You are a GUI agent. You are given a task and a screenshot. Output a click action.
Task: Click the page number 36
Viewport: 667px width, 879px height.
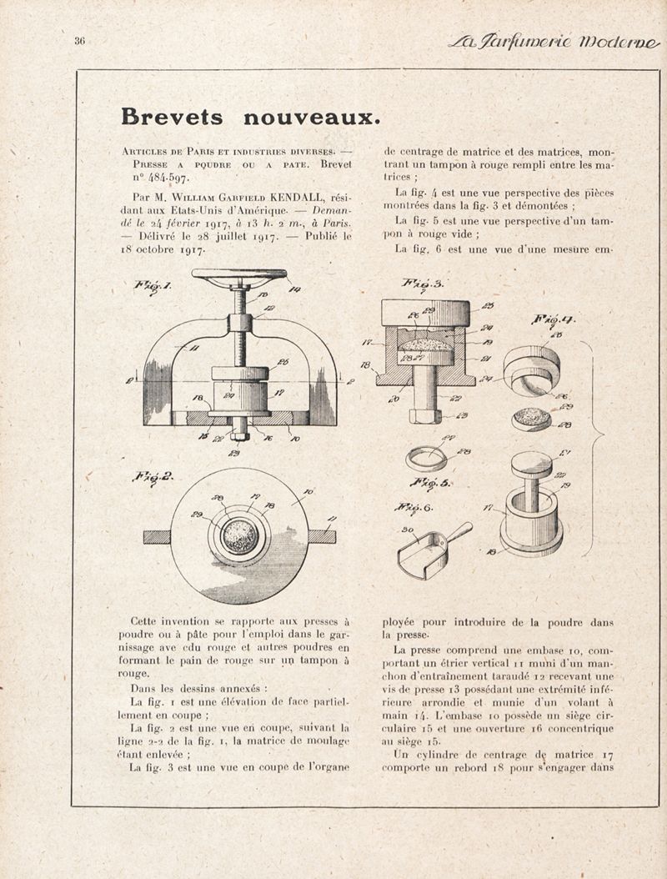[80, 41]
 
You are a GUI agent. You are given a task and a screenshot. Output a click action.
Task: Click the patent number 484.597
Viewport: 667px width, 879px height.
[168, 177]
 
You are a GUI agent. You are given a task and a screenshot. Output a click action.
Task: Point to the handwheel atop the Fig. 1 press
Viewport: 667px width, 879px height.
[238, 275]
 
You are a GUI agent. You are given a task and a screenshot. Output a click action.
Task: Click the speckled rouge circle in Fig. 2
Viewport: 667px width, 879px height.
[240, 535]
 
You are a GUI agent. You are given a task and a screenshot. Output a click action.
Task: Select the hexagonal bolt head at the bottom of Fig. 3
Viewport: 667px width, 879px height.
[424, 414]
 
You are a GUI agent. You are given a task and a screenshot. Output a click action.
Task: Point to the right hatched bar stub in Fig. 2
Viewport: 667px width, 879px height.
[322, 536]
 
